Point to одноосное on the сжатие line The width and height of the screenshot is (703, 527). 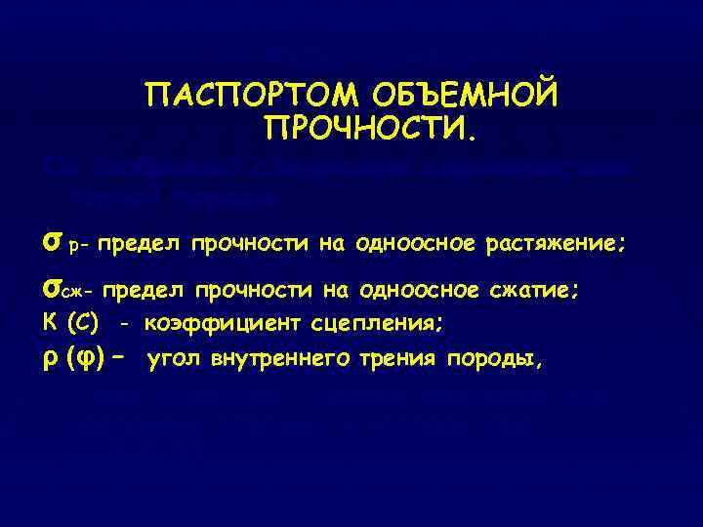(419, 290)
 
